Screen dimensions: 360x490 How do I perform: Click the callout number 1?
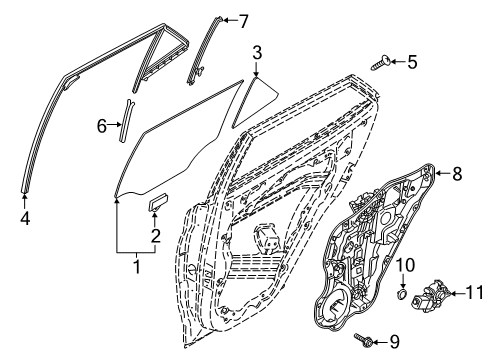(136, 267)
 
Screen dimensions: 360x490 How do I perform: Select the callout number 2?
(155, 235)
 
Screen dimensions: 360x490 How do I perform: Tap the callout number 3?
(257, 52)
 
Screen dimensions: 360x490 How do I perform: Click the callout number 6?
(102, 125)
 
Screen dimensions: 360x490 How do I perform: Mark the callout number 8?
(457, 173)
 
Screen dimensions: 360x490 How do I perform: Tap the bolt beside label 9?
(364, 341)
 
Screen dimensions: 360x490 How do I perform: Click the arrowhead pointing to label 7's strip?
(225, 20)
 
